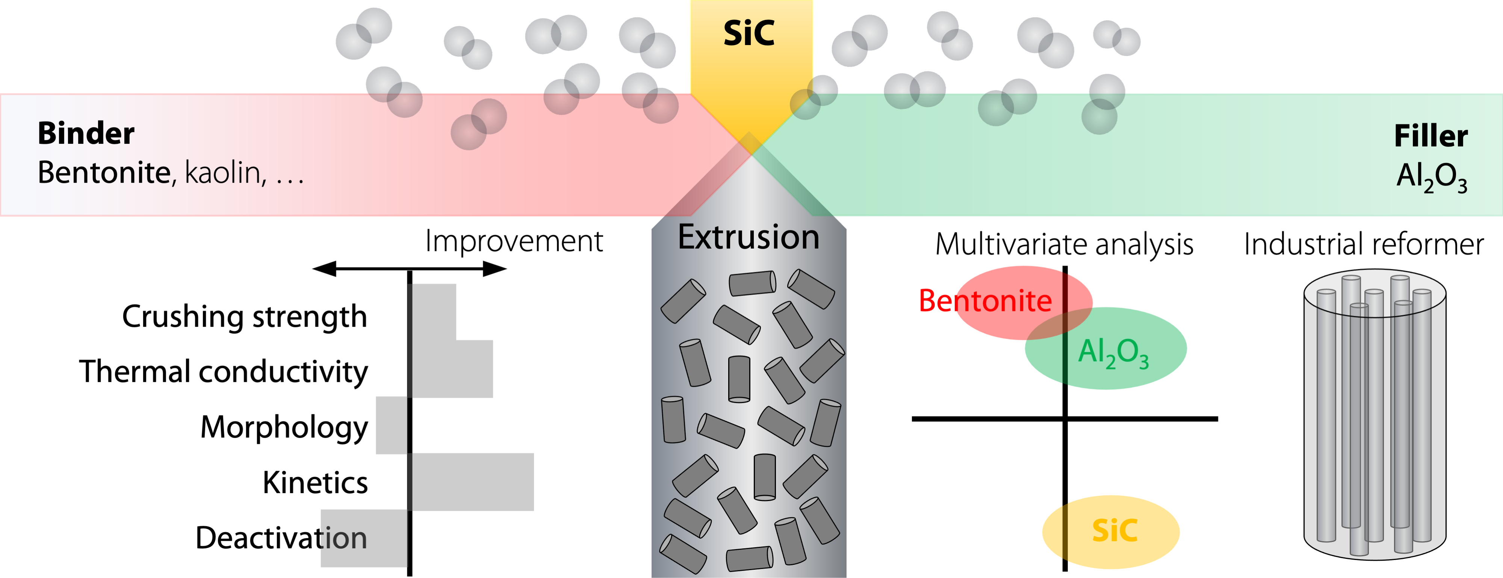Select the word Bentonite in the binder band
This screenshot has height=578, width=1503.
point(104,173)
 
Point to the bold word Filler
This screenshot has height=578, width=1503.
point(1430,136)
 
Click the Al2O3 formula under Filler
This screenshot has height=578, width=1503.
point(1431,176)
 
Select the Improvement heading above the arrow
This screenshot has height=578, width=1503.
point(513,241)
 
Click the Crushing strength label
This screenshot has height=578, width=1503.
point(245,317)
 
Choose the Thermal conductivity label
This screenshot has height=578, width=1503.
point(224,371)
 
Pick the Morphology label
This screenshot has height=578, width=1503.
point(284,427)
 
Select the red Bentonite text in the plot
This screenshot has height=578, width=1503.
point(985,301)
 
